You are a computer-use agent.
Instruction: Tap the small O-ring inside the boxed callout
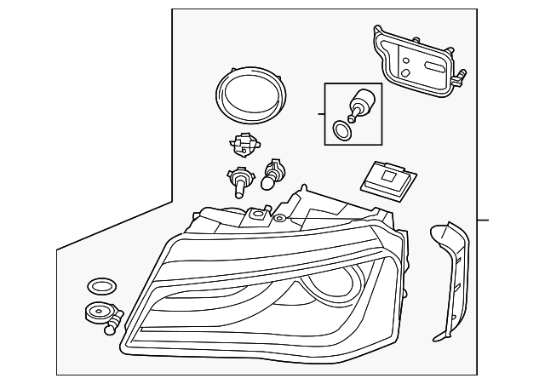[341, 130]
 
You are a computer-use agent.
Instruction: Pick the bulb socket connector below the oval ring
[244, 147]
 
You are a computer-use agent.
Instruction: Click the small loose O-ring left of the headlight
[101, 285]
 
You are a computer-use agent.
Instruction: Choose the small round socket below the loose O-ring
[96, 313]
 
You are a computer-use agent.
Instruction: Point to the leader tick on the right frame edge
[483, 221]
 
